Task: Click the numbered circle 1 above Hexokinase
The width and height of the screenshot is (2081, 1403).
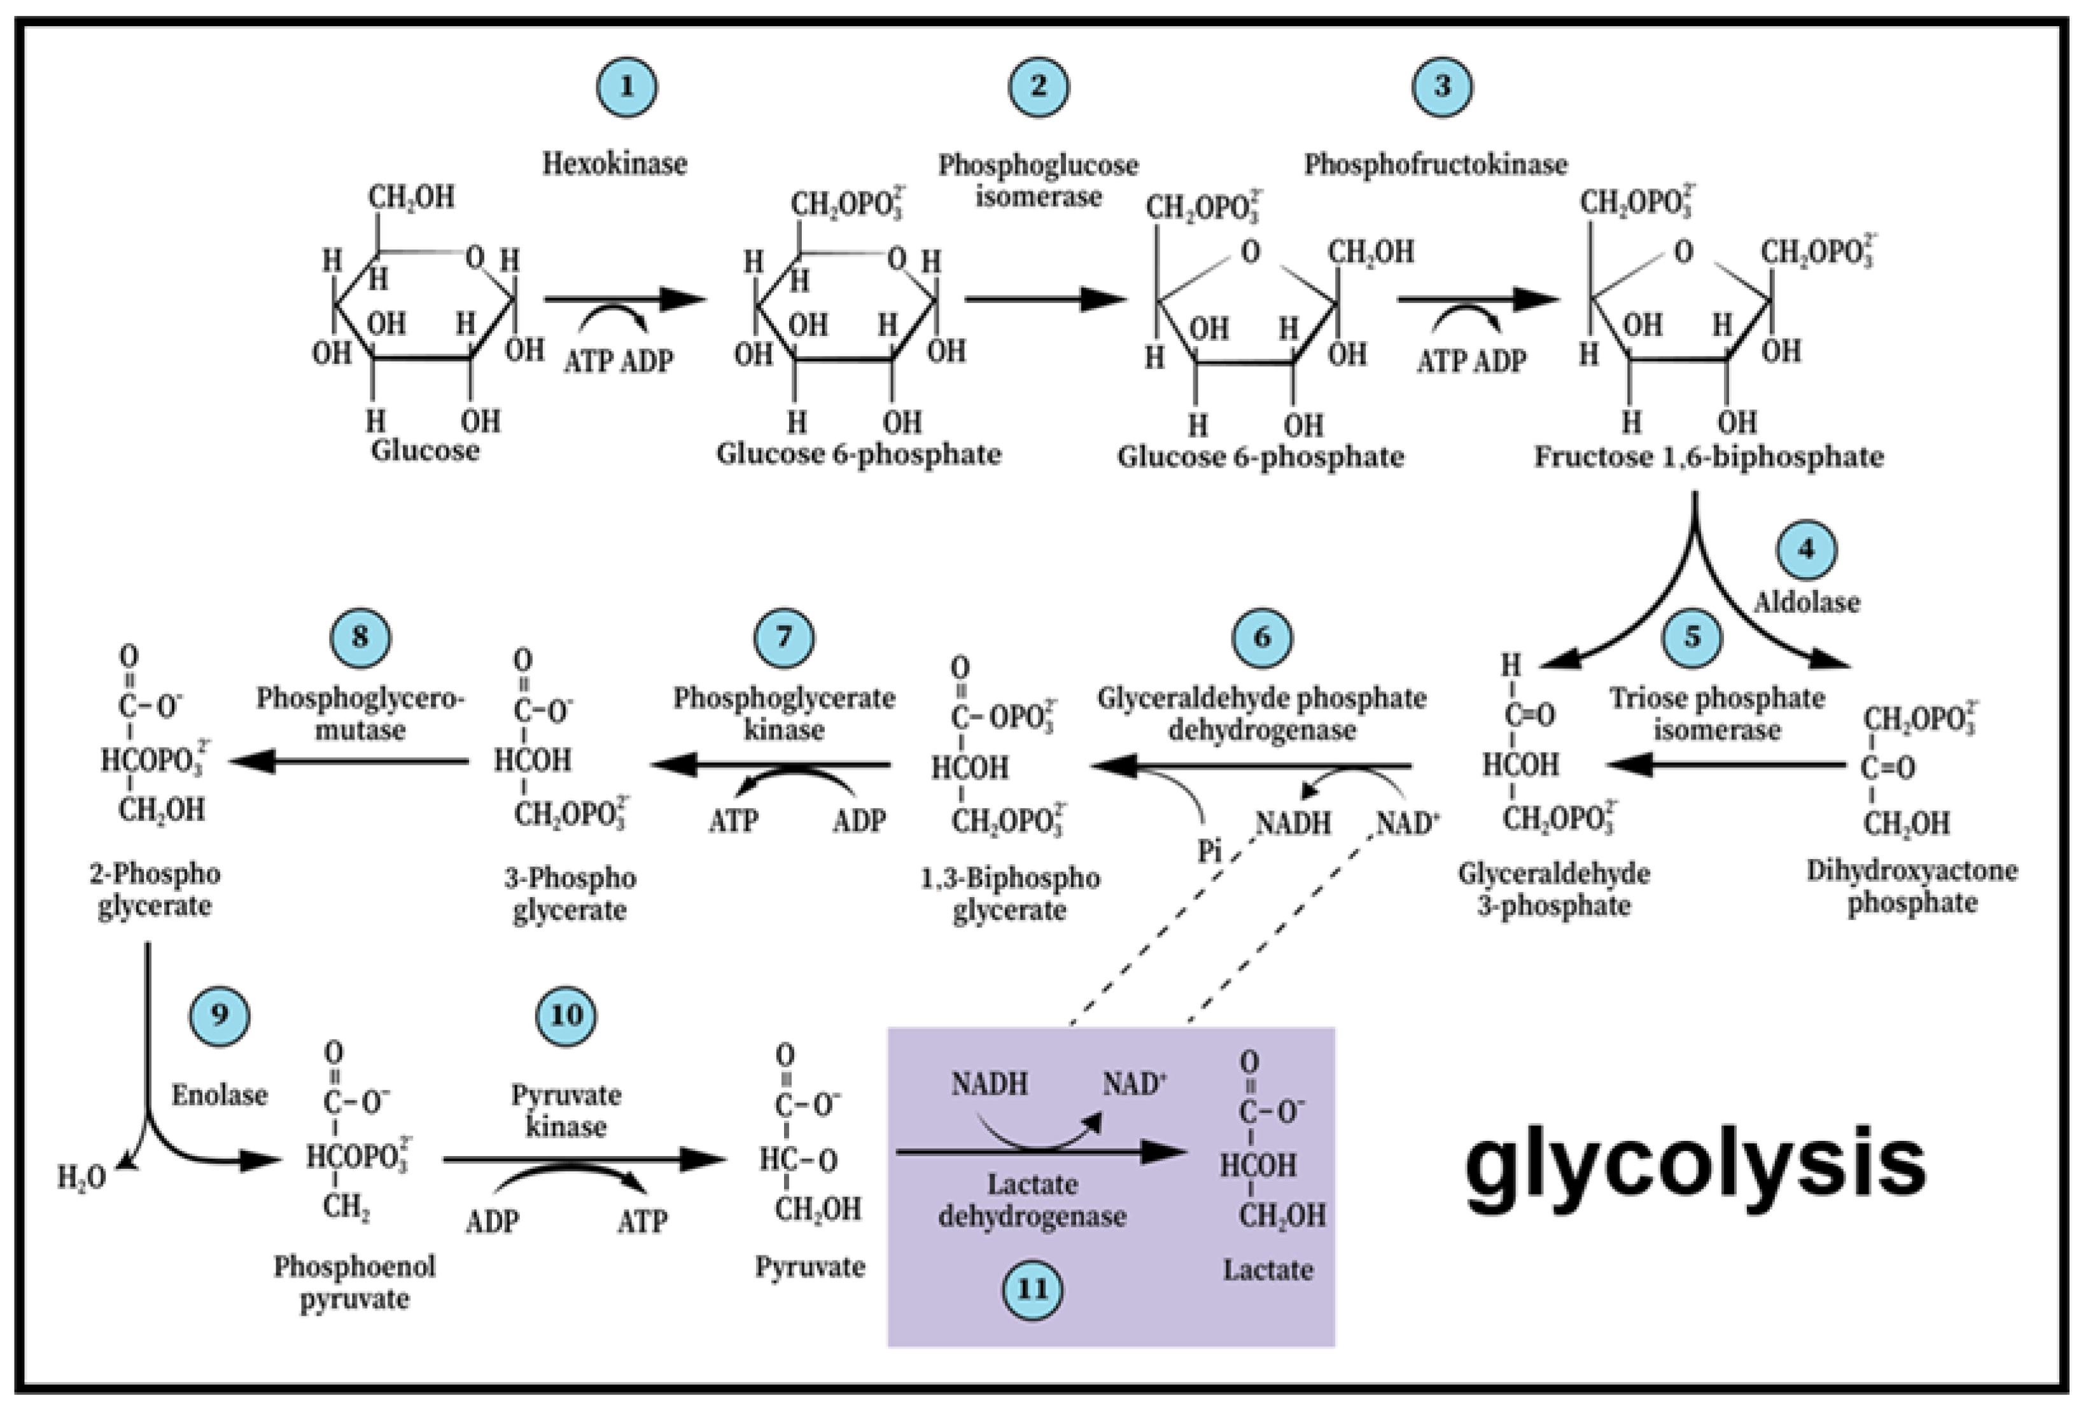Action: [626, 87]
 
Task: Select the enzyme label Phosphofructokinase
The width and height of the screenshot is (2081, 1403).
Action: [1435, 165]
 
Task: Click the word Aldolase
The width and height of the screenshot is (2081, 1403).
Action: [1805, 602]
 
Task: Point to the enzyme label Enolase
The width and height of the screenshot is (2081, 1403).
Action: [219, 1094]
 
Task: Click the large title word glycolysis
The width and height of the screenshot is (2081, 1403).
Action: [1695, 1163]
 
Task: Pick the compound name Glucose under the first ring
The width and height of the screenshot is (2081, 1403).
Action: [425, 450]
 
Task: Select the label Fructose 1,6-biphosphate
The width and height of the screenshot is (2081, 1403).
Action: [1709, 457]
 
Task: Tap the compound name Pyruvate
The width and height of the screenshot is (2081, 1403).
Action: [809, 1267]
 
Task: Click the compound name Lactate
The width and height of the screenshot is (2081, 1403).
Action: [1268, 1269]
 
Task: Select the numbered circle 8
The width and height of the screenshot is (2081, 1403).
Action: [360, 637]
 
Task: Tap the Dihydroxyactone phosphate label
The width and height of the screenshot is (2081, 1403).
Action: [1912, 886]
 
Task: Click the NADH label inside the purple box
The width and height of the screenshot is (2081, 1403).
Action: [988, 1084]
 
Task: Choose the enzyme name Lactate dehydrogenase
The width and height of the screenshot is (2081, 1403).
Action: [1032, 1200]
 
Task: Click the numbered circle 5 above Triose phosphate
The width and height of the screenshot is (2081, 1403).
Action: [1692, 637]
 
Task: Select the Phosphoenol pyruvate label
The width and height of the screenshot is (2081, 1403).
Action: [354, 1282]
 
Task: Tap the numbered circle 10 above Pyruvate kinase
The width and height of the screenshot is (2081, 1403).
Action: [566, 1016]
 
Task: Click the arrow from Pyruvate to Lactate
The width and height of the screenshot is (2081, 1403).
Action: [1038, 1152]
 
